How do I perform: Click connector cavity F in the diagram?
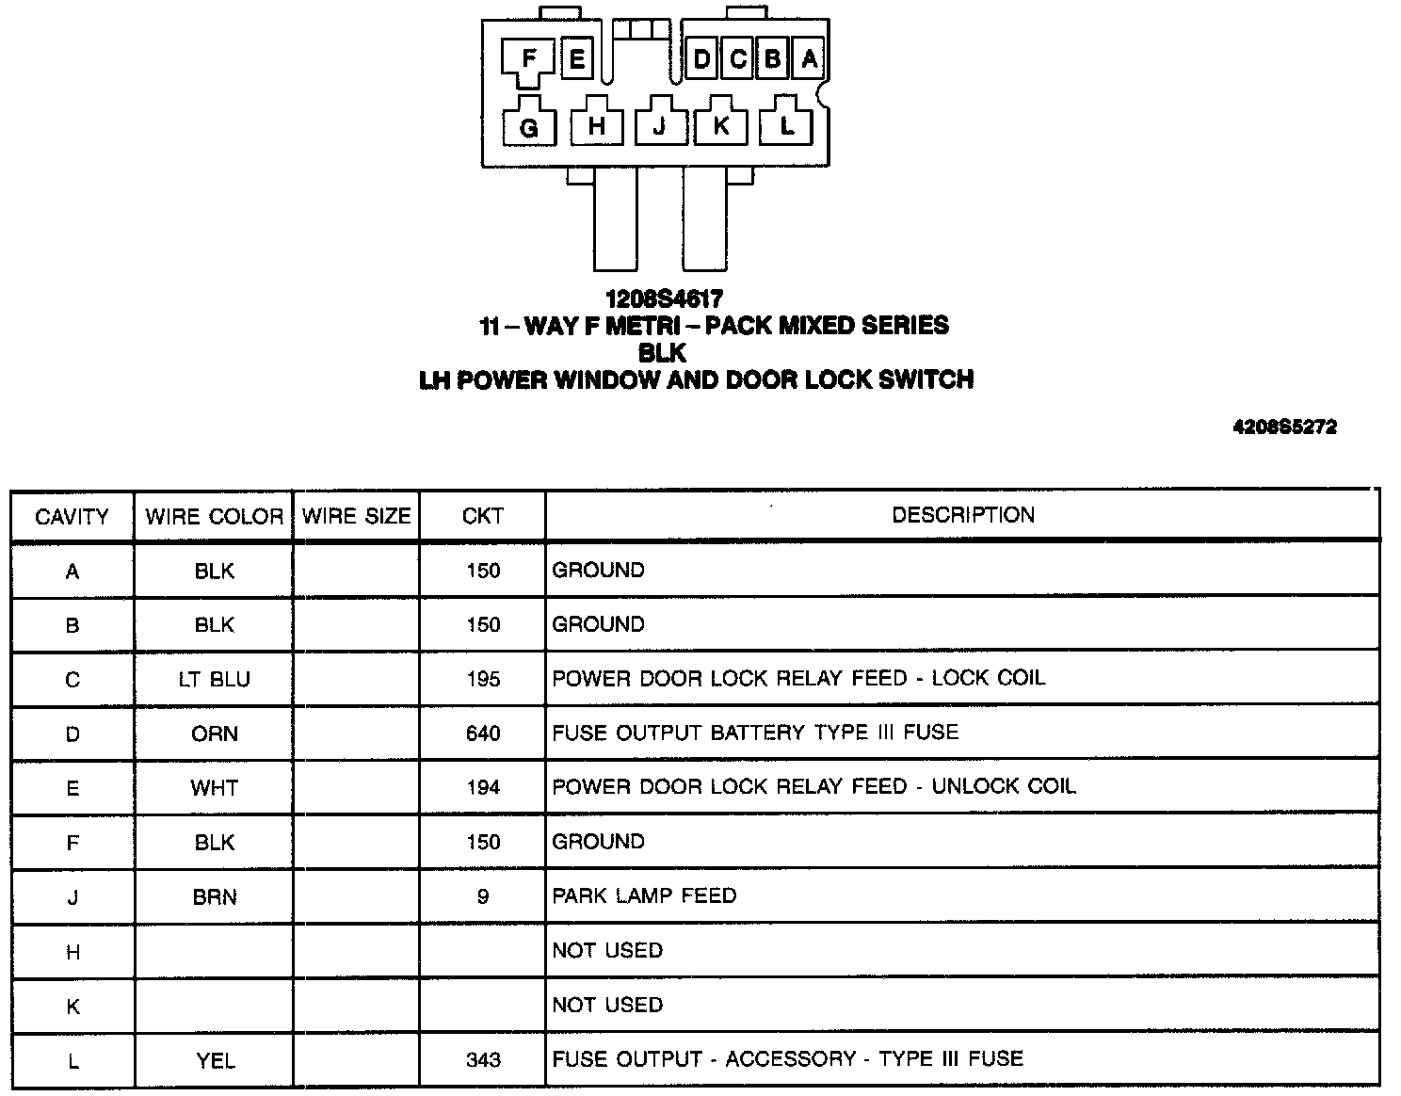coord(529,60)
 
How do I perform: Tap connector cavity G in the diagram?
coord(528,127)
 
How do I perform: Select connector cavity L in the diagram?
coord(787,125)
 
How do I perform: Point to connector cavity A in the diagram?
coord(809,59)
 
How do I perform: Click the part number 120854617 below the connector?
coord(664,299)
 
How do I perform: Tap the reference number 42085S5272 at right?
coord(1284,427)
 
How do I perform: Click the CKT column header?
coord(483,516)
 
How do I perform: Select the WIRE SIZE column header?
coord(357,516)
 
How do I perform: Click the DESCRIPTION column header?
coord(963,515)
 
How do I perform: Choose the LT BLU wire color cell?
coord(215,680)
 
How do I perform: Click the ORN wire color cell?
coord(215,734)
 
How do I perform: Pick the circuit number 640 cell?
coord(483,734)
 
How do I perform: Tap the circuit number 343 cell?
coord(483,1060)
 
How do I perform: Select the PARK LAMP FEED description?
coord(644,895)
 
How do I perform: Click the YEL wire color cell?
coord(215,1061)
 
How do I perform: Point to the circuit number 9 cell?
coord(483,897)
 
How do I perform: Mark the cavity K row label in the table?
coord(72,1007)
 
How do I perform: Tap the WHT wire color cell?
coord(215,788)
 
